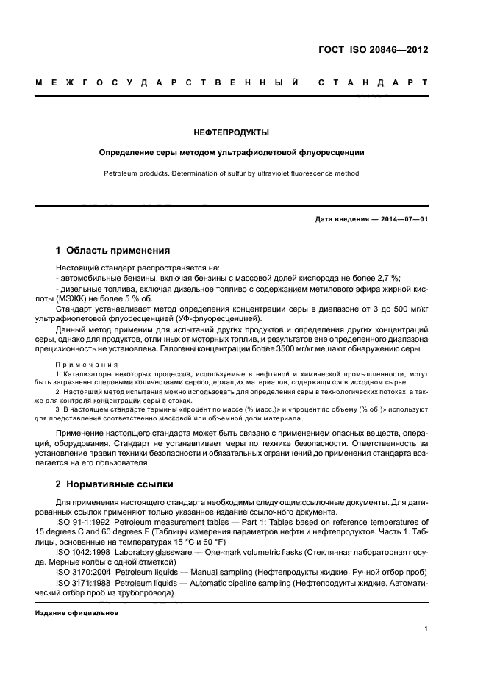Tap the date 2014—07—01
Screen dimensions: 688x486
[x=402, y=220]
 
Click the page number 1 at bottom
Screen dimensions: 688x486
[x=426, y=629]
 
